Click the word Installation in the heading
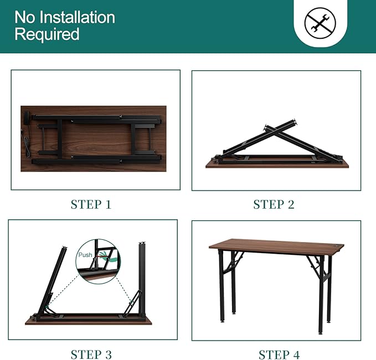pos(77,17)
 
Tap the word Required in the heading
pos(47,34)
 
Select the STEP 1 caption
pos(91,204)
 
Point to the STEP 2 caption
pos(274,204)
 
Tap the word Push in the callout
pos(85,255)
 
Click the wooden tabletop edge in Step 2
pos(277,164)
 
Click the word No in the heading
pos(25,17)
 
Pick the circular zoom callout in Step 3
pos(97,260)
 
